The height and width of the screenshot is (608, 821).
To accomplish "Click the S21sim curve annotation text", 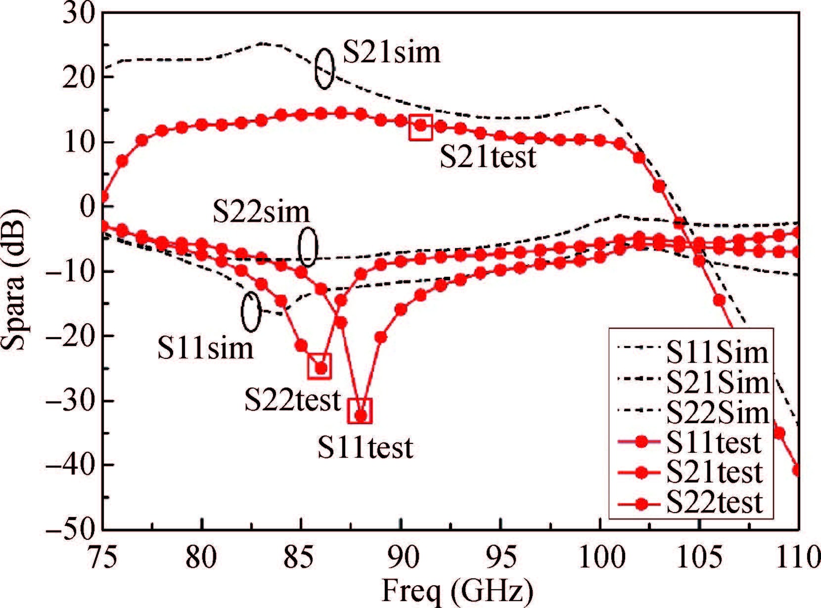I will point(391,52).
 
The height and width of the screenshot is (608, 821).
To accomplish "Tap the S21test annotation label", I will point(488,158).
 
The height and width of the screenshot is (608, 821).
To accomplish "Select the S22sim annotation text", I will point(261,212).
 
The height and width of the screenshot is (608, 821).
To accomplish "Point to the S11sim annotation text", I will point(205,348).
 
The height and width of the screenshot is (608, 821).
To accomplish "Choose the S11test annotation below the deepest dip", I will point(365,448).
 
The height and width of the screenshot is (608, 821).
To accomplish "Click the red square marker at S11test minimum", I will point(360,411).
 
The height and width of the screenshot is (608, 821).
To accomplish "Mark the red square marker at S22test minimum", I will point(319,367).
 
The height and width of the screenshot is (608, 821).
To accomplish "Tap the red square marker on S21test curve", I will point(421,127).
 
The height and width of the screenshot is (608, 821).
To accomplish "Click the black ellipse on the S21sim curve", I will point(324,69).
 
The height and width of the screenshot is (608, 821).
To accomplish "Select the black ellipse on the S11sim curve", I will point(251,311).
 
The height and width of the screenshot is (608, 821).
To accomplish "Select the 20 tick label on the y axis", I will point(79,78).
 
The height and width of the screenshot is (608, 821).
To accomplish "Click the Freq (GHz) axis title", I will point(457,591).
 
